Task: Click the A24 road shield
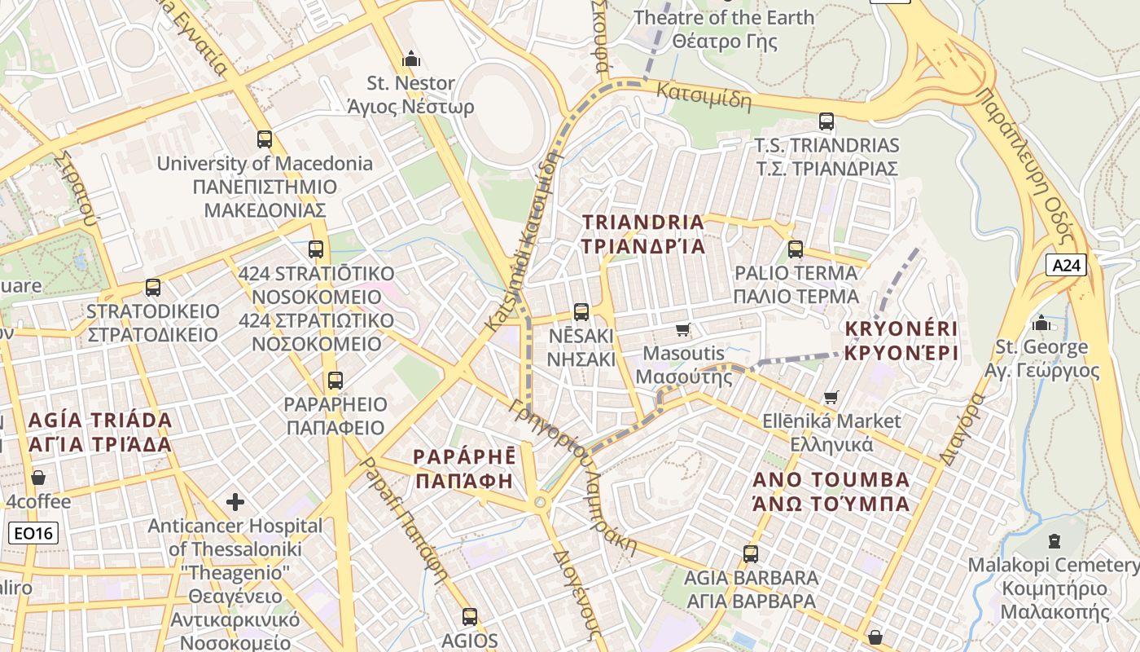tap(1066, 265)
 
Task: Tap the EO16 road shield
tap(33, 534)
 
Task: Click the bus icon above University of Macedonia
tap(264, 139)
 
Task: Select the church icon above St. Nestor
tap(411, 59)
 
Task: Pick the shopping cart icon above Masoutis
tap(682, 329)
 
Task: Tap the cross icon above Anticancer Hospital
tap(235, 501)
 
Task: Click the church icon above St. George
tap(1041, 323)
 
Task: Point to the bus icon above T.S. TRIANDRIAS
tap(826, 121)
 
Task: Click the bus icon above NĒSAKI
tap(581, 311)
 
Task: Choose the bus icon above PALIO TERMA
tap(796, 249)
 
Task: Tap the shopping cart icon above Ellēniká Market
tap(831, 397)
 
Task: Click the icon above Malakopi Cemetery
tap(1054, 540)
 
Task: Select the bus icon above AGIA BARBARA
tap(750, 553)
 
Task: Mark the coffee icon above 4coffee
tap(38, 477)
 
